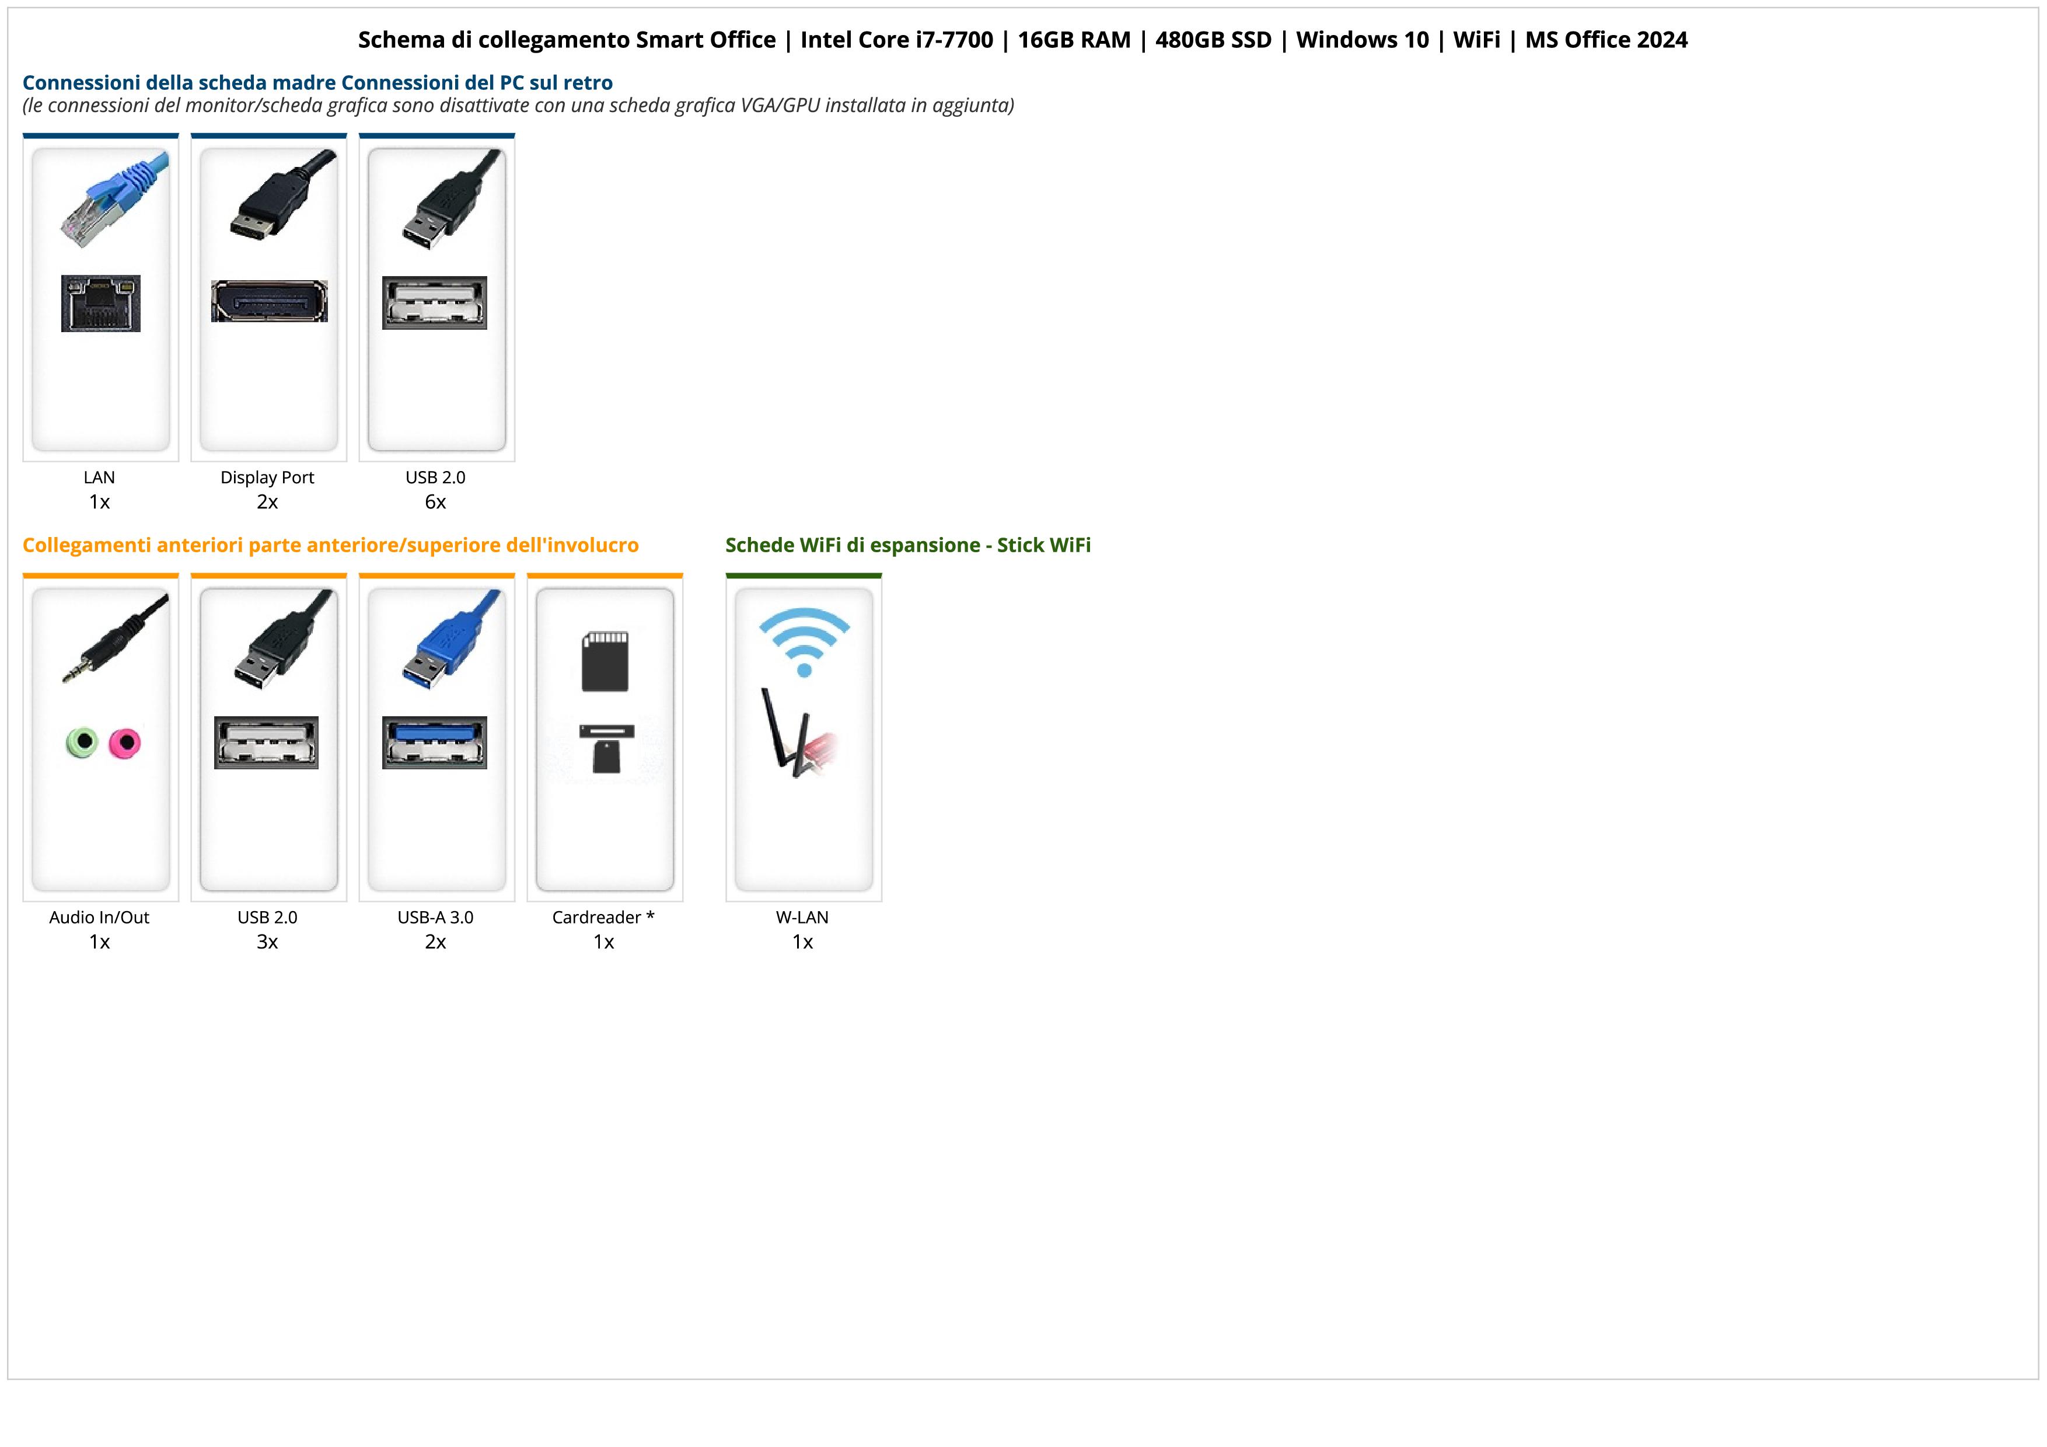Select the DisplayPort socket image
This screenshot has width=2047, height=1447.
tap(268, 301)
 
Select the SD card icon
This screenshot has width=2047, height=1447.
tap(605, 661)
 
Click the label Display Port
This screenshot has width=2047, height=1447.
tap(267, 477)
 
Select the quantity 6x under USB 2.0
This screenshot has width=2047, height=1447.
tap(435, 502)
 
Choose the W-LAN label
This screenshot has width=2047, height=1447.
tap(802, 918)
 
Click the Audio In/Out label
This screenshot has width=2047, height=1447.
tap(99, 918)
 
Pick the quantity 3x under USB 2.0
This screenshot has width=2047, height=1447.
tap(267, 942)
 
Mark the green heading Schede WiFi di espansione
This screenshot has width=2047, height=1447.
tap(907, 545)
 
